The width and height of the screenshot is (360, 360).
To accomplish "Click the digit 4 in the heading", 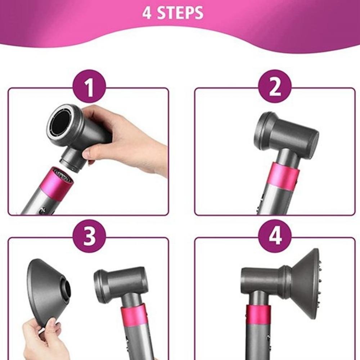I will coord(147,13).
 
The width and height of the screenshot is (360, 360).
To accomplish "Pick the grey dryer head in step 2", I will coord(286,135).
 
